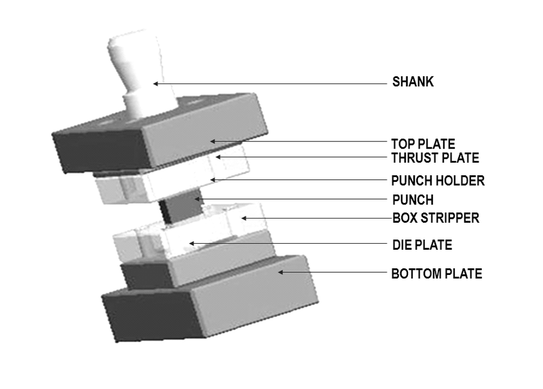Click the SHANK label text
[413, 83]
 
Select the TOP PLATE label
[423, 144]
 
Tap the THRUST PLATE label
[435, 158]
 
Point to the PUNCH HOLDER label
[438, 181]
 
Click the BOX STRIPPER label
[436, 219]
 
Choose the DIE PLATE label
[422, 244]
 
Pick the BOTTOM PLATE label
[436, 274]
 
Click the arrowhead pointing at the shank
[155, 84]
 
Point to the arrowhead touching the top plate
[212, 141]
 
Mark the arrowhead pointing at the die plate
[191, 243]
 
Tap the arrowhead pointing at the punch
[198, 199]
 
